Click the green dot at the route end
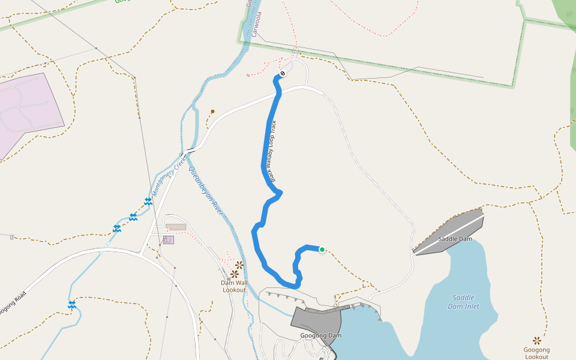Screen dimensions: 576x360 point(322,250)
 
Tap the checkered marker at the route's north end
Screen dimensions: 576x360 point(283,74)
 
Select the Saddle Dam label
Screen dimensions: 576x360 point(455,239)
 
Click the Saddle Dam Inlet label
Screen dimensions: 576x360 point(463,302)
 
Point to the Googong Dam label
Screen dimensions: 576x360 point(320,335)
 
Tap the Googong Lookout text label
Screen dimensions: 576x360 point(536,353)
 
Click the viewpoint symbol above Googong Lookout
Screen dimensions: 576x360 point(536,340)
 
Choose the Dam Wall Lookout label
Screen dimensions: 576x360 point(234,286)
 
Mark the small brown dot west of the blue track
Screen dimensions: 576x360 point(212,111)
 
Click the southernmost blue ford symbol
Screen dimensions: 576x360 point(72,305)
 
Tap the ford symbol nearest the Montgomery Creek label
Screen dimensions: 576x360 point(148,202)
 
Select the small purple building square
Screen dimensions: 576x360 point(168,240)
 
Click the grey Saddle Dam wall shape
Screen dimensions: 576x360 point(450,231)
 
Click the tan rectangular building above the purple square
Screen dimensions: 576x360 point(176,227)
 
